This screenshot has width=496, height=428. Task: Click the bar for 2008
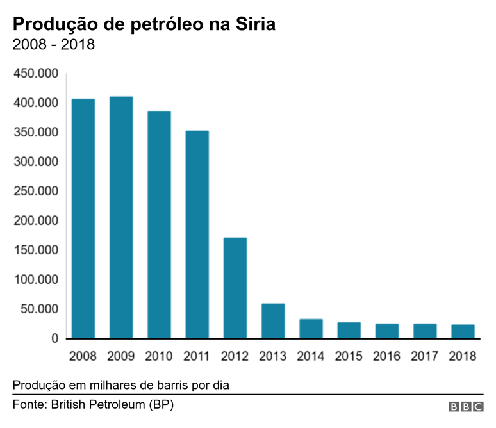[83, 218]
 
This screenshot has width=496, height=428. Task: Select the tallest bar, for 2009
[121, 217]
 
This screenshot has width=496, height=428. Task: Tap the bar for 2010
[159, 225]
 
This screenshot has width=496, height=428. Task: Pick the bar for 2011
[197, 235]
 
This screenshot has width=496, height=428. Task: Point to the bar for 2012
[235, 288]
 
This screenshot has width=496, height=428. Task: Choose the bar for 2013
[273, 321]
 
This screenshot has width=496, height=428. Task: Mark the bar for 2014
[311, 329]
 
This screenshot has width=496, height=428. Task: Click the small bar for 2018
[463, 331]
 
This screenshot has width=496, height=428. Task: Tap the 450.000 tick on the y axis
[36, 74]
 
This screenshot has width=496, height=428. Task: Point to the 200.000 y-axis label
[36, 221]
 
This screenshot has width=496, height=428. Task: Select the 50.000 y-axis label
[39, 309]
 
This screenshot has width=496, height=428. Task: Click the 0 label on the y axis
[55, 338]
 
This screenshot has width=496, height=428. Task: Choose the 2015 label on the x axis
[349, 356]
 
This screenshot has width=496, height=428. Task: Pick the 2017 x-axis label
[425, 356]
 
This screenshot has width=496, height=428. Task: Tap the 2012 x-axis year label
[235, 356]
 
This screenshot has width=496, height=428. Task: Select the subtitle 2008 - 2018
[54, 45]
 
